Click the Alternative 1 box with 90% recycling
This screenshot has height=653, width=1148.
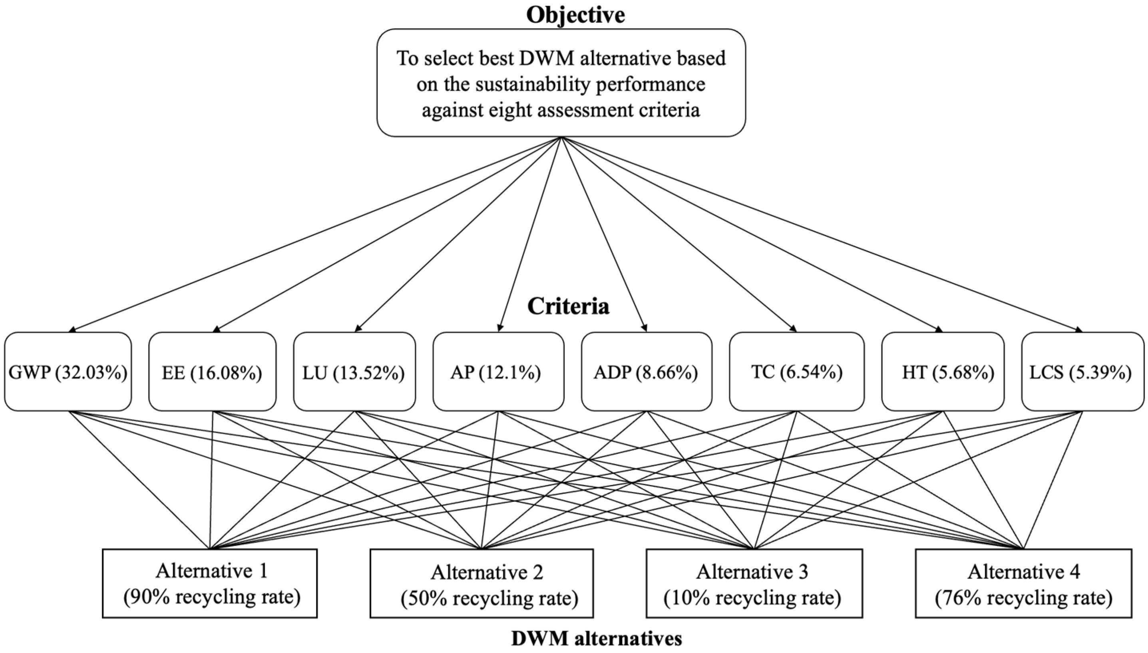(210, 583)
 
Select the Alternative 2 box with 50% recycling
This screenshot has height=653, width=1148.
(481, 583)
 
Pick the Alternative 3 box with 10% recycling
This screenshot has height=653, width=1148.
(754, 583)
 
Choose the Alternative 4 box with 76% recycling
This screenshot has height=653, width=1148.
(1023, 583)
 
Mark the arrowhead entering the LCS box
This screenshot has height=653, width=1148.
(1079, 331)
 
